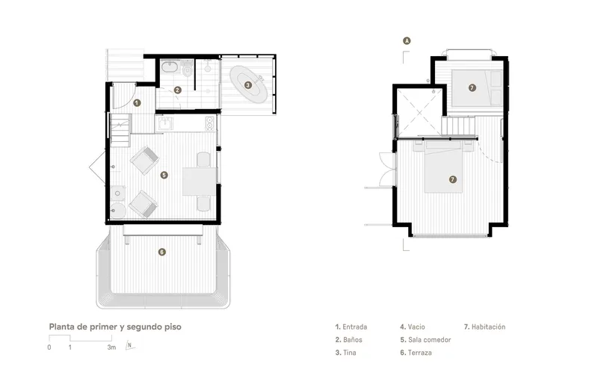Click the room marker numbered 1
138,102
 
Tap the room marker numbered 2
177,90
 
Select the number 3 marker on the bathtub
248,85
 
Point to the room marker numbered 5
164,175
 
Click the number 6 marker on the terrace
162,252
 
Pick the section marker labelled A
407,40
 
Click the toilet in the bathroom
187,69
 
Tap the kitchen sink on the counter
165,123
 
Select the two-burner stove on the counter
210,123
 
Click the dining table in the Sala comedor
200,181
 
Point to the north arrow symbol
129,345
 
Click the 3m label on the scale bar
111,347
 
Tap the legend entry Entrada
351,326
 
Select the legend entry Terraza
416,353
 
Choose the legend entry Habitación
484,326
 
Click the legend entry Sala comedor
425,340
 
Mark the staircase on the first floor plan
120,130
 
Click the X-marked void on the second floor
419,113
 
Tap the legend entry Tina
345,353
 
